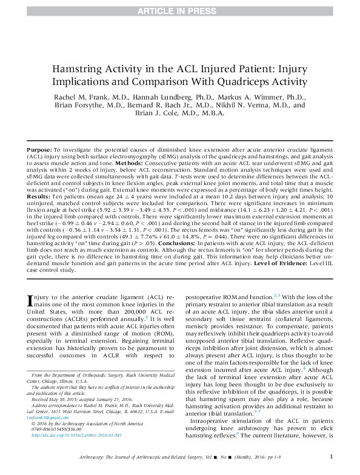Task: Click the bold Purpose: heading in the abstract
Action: click(x=40, y=149)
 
